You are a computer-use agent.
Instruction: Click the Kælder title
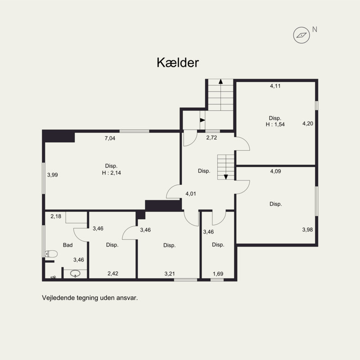click(178, 63)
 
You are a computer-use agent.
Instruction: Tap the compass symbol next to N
click(301, 35)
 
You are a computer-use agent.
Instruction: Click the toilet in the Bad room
click(51, 254)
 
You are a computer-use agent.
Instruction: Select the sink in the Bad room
click(75, 274)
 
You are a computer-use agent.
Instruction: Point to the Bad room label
click(68, 245)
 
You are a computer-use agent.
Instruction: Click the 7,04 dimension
click(110, 138)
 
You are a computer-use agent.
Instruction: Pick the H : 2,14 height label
click(111, 173)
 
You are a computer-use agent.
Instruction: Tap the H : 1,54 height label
click(275, 124)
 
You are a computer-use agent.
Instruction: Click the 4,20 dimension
click(308, 123)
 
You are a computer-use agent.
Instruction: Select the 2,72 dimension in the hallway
click(211, 138)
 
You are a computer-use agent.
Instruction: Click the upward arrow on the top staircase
click(220, 81)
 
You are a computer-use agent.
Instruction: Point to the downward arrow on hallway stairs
click(226, 177)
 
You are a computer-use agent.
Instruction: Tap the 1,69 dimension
click(218, 274)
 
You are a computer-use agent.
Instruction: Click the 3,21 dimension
click(170, 274)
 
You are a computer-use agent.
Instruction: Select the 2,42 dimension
click(113, 274)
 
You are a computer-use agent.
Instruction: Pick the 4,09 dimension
click(275, 171)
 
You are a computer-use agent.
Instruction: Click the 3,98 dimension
click(307, 229)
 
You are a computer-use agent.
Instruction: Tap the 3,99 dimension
click(53, 175)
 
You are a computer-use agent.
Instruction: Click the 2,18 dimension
click(56, 216)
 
